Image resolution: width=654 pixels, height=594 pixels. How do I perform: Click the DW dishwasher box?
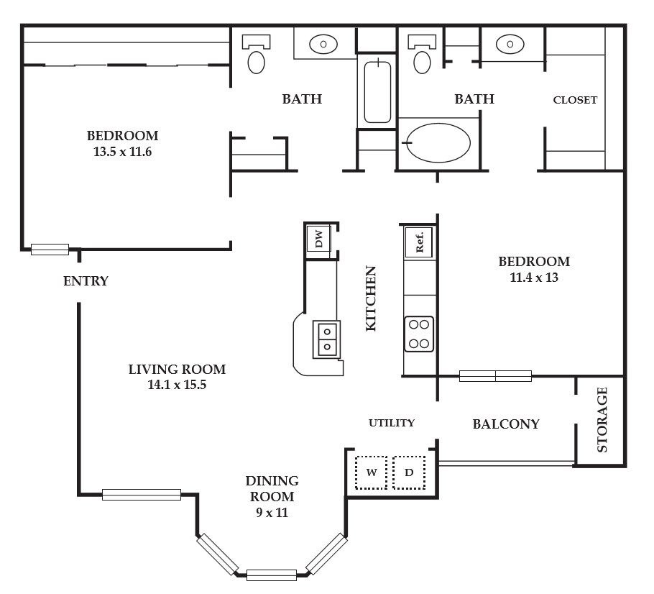click(x=319, y=239)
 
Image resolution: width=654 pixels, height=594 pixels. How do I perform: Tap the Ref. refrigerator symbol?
click(x=419, y=242)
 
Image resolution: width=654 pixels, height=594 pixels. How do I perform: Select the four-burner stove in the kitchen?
click(x=419, y=334)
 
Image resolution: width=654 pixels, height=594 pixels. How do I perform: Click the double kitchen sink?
click(x=326, y=339)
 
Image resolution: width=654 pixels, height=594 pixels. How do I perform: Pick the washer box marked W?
click(x=372, y=472)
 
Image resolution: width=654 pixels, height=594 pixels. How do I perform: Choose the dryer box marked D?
click(x=409, y=472)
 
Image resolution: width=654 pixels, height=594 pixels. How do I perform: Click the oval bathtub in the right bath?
click(x=438, y=143)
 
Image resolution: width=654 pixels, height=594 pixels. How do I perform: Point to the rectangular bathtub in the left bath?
click(x=377, y=92)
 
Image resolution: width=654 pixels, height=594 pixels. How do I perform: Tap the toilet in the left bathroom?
click(x=256, y=54)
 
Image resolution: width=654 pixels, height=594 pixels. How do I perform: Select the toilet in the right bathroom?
click(x=422, y=54)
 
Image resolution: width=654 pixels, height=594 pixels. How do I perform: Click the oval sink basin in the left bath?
click(x=323, y=44)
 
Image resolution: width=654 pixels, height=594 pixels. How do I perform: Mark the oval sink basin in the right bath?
click(x=510, y=44)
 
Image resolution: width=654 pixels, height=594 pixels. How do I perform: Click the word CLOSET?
click(x=575, y=100)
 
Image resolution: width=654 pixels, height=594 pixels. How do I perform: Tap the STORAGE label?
click(x=602, y=420)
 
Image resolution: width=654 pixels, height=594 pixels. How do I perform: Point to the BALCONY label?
click(x=506, y=424)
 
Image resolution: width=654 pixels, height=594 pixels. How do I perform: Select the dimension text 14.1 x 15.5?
click(x=177, y=385)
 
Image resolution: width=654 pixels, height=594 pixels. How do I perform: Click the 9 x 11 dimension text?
click(x=272, y=512)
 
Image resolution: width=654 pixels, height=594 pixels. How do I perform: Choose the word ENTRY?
click(x=86, y=281)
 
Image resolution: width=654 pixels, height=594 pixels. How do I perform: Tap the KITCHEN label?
click(x=371, y=299)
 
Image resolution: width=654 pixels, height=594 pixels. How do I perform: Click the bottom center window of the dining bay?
click(x=272, y=575)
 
